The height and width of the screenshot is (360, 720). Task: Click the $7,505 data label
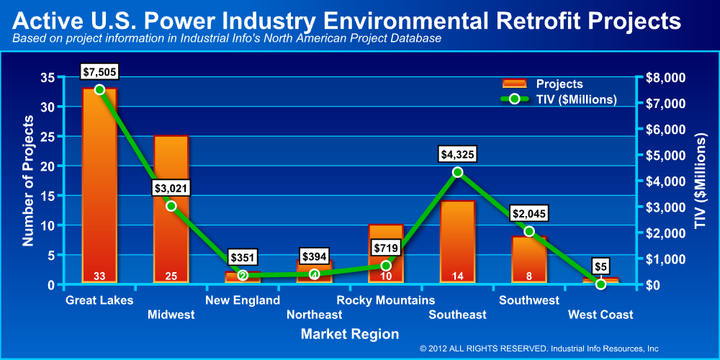point(100,71)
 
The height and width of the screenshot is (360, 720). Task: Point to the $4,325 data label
point(458,154)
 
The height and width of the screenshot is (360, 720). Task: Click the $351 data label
point(243,257)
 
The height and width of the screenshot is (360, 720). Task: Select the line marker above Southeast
point(458,172)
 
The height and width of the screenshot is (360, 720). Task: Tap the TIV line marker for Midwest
point(171,206)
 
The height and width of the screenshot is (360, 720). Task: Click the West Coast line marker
point(600,284)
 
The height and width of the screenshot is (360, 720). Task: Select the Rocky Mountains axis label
point(386,300)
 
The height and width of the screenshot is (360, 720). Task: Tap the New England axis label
point(243,300)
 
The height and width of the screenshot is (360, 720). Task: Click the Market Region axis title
point(350,334)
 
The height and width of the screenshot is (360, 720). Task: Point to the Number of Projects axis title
point(28,180)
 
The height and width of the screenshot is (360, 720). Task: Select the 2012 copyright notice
point(539,348)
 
